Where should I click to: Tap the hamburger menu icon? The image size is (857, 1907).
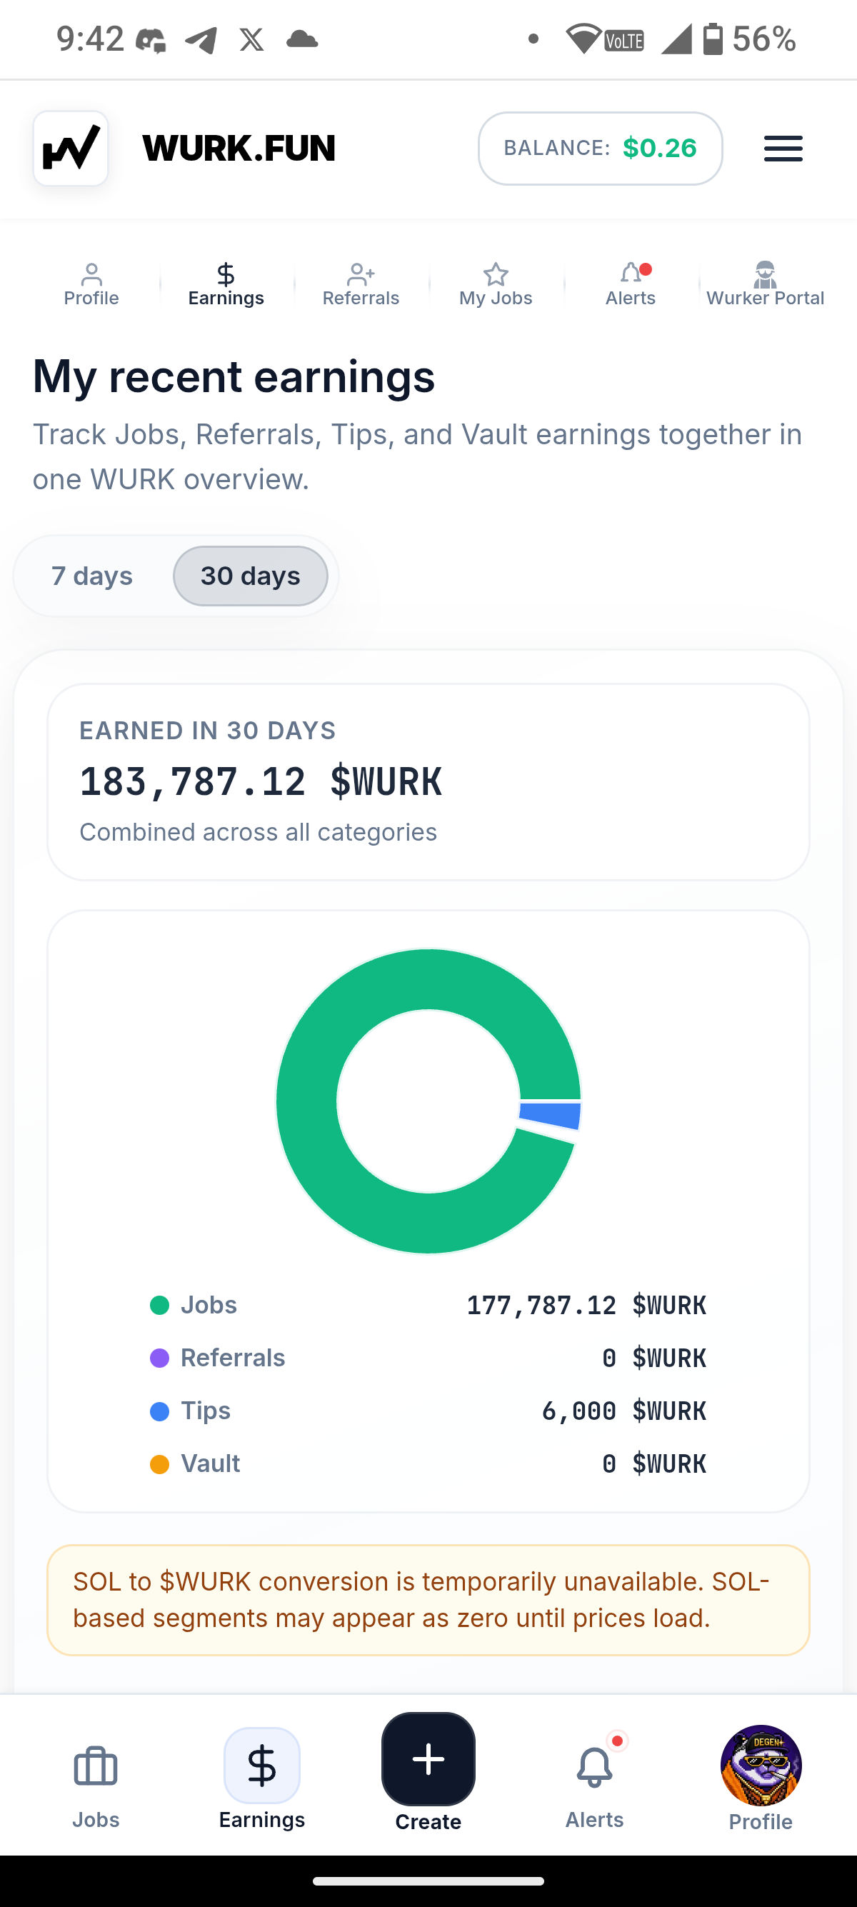(783, 148)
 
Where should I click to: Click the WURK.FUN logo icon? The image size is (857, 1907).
(71, 148)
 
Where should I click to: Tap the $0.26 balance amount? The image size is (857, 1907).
(659, 148)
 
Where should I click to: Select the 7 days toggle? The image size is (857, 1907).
(91, 576)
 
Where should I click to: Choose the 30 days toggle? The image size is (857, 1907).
(250, 576)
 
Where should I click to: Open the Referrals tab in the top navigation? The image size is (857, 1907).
(361, 284)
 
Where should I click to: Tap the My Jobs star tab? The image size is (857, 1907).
(495, 284)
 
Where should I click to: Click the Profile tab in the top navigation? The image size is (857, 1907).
(91, 284)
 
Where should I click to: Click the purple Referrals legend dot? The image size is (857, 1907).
(159, 1358)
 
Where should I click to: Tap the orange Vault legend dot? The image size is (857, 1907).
(159, 1463)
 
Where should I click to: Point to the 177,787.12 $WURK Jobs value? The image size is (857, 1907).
(586, 1305)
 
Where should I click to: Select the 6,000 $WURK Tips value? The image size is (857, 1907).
(624, 1411)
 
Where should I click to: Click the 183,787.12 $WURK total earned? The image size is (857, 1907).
(261, 782)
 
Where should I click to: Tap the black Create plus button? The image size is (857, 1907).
(428, 1759)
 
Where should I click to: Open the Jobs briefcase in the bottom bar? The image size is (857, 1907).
(96, 1767)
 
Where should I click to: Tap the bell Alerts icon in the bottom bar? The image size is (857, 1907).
(594, 1767)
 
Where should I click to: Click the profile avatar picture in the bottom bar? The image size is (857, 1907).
(761, 1766)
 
